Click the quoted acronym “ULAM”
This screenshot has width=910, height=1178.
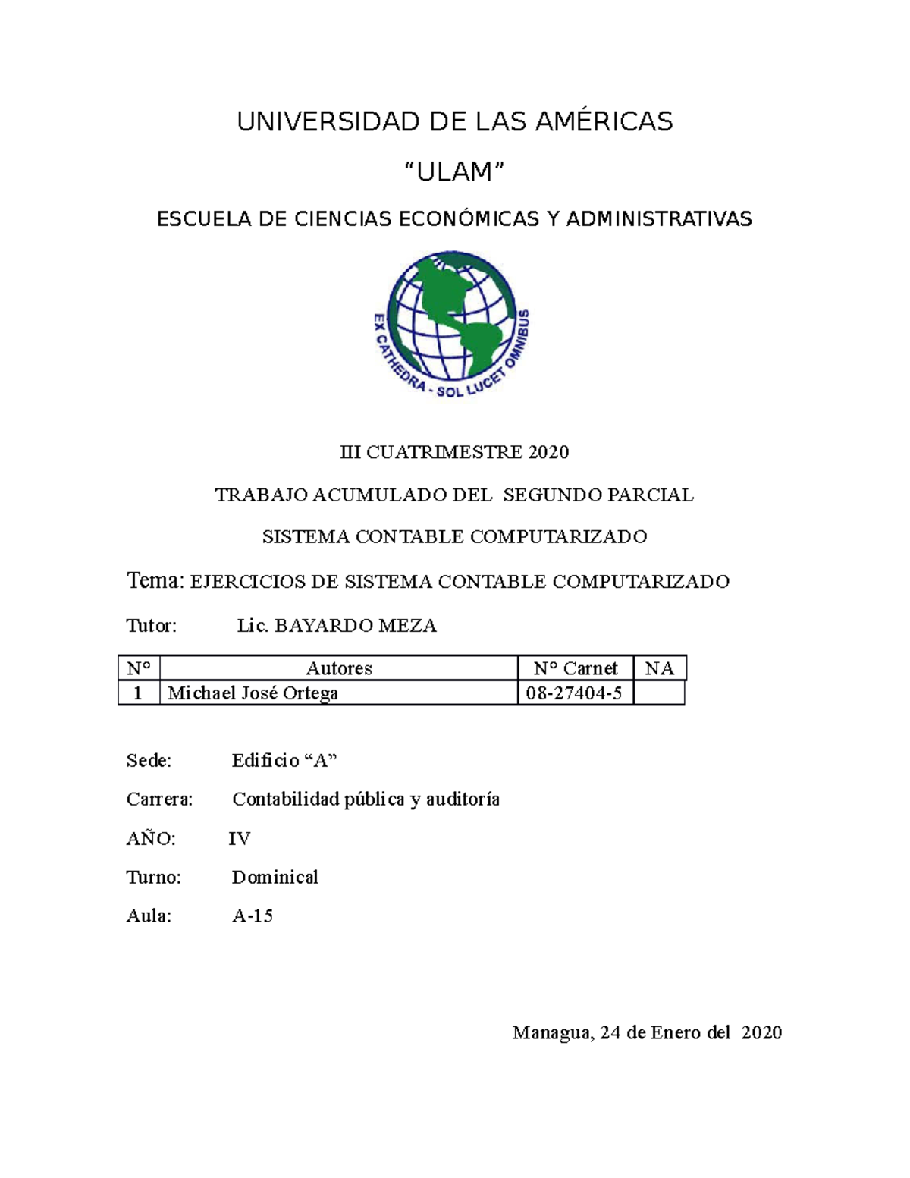click(455, 173)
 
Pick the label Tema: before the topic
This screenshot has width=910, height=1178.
click(155, 581)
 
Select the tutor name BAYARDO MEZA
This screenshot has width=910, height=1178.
click(355, 626)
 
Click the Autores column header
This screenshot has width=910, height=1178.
click(339, 668)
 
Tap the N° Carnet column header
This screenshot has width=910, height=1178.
click(575, 668)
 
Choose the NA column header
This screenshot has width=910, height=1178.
click(659, 668)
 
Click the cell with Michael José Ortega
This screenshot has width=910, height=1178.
click(253, 693)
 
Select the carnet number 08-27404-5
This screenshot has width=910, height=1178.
click(574, 693)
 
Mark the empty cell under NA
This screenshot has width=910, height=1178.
click(659, 693)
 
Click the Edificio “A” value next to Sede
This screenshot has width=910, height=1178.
click(284, 761)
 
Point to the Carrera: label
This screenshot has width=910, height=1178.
click(159, 799)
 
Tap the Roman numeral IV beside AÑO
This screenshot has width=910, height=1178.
click(240, 839)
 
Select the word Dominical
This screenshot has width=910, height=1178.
click(275, 878)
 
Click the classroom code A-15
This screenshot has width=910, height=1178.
click(253, 916)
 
